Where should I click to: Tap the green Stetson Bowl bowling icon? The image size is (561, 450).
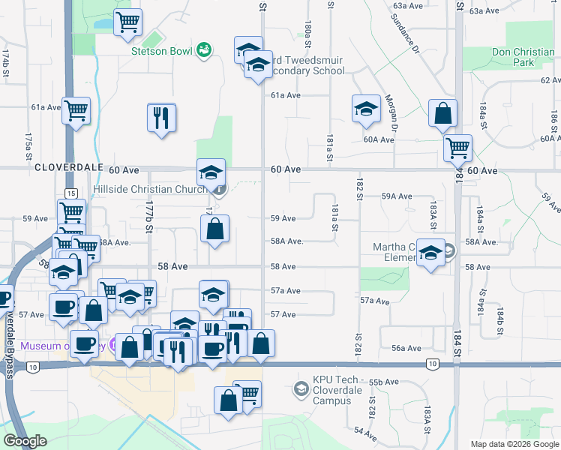(x=203, y=50)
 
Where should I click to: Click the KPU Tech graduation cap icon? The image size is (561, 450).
(x=301, y=388)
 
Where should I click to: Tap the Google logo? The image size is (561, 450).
(x=25, y=441)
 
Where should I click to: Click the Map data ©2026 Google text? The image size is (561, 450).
(x=514, y=444)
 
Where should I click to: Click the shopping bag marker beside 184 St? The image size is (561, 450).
(x=443, y=115)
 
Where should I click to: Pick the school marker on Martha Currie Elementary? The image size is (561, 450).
(x=430, y=253)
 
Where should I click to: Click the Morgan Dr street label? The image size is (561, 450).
(x=390, y=109)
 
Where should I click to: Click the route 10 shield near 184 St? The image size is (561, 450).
(x=432, y=364)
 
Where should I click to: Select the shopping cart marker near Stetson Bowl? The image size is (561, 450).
(x=128, y=22)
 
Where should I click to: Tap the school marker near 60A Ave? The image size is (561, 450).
(x=366, y=109)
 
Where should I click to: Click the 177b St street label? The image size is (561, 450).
(x=149, y=215)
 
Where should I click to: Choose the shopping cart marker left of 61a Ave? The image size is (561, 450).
(x=76, y=112)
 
